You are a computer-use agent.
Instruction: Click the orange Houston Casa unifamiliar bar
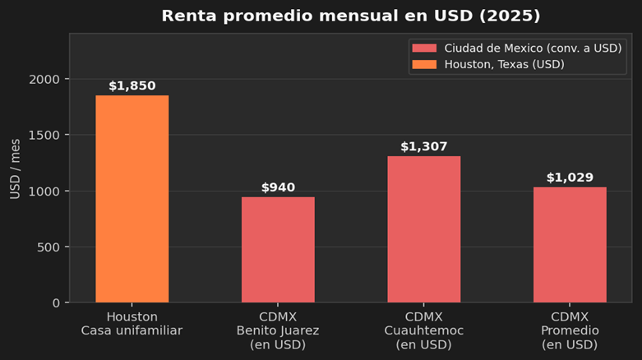coord(132,199)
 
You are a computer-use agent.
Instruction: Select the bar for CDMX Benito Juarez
coord(278,249)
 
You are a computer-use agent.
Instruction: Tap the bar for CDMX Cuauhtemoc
coord(423,228)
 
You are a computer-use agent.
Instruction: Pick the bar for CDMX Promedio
coord(570,244)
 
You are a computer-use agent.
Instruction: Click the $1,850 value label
coord(132,85)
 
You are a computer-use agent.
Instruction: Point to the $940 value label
coord(278,187)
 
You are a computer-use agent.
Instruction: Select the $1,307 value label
coord(423,146)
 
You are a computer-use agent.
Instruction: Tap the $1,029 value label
coord(570,178)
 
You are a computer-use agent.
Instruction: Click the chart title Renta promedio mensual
coord(351,16)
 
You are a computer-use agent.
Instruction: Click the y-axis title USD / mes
coord(16,168)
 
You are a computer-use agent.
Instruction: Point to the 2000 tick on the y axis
coord(44,79)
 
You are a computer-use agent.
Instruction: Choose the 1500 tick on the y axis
coord(44,135)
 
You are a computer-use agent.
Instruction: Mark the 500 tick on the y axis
coord(48,247)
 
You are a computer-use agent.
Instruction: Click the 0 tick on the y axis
coord(56,302)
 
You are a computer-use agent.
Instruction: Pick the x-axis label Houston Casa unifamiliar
coord(132,324)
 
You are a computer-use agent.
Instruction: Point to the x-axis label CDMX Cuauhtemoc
coord(423,330)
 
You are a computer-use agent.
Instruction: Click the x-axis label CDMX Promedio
coord(570,330)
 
